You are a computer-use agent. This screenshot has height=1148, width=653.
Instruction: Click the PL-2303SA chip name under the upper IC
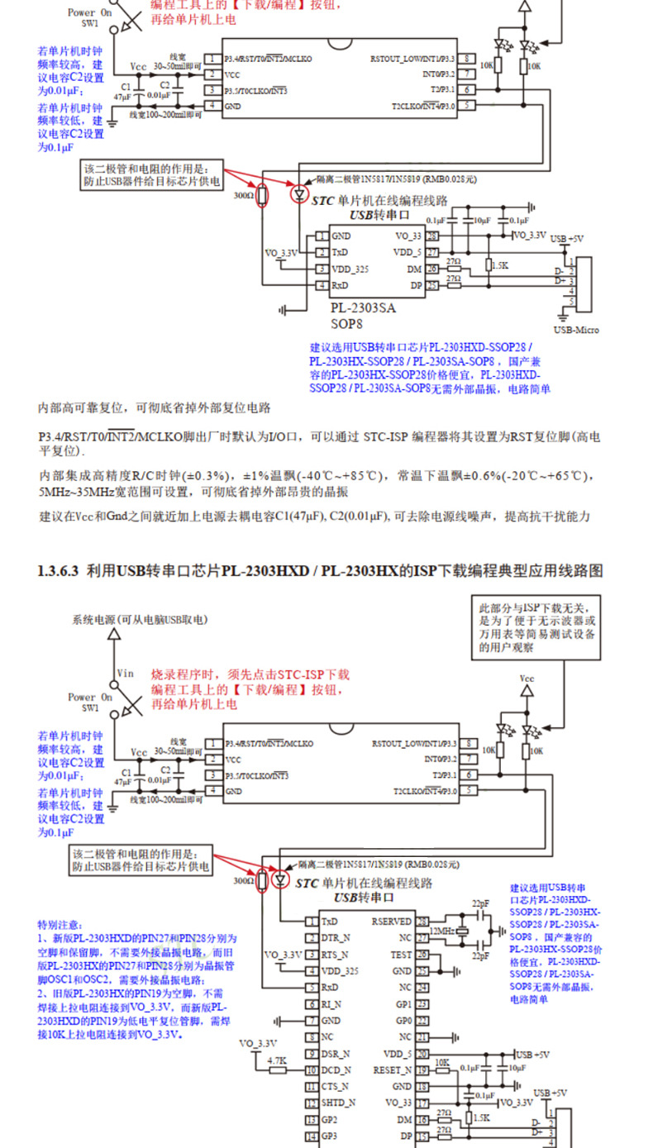[x=364, y=307]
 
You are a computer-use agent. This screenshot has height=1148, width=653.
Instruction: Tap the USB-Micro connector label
[x=576, y=330]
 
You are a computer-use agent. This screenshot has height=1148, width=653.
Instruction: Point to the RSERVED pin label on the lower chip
[x=391, y=921]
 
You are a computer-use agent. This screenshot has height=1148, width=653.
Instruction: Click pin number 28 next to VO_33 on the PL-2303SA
[x=432, y=236]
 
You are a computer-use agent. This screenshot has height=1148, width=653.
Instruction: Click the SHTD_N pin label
[x=339, y=1103]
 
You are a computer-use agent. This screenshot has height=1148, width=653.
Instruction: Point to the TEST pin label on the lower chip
[x=401, y=954]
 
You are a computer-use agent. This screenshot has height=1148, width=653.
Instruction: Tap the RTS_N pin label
[x=336, y=954]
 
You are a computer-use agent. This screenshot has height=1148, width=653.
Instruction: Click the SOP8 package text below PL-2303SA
[x=347, y=324]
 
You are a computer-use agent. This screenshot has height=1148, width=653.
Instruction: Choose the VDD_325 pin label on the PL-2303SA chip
[x=350, y=269]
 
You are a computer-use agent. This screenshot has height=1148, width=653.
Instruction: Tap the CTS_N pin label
[x=336, y=1086]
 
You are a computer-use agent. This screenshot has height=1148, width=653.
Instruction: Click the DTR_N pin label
[x=336, y=937]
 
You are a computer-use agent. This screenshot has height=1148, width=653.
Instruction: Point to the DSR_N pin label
[x=336, y=1053]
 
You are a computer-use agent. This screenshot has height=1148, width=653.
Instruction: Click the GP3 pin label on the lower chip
[x=330, y=1136]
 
